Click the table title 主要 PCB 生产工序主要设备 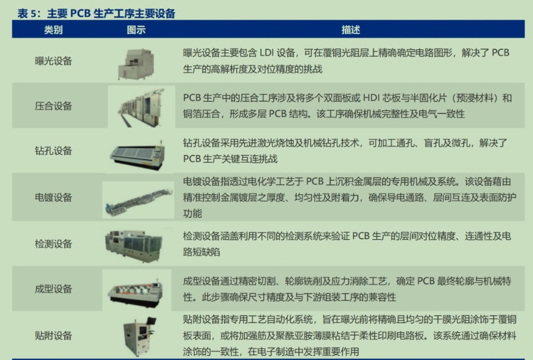click(x=111, y=14)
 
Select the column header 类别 click(x=54, y=30)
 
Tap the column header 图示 click(x=136, y=30)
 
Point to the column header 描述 click(x=351, y=30)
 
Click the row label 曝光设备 click(x=54, y=61)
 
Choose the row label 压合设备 click(x=54, y=105)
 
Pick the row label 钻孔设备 click(x=54, y=150)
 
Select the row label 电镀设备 click(x=54, y=197)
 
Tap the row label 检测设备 click(x=54, y=243)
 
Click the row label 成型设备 click(x=54, y=288)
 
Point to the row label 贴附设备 click(x=54, y=335)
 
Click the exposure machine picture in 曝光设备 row click(x=136, y=64)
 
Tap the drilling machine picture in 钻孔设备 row click(x=138, y=155)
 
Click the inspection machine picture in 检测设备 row click(x=134, y=245)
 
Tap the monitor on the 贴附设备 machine click(x=151, y=321)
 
